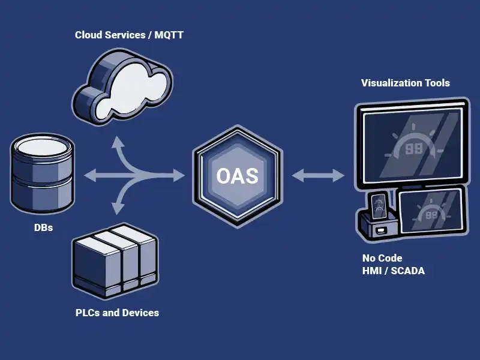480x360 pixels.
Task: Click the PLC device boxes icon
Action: (115, 261)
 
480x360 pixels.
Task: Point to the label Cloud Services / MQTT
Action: (129, 35)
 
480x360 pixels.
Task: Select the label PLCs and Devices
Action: (117, 313)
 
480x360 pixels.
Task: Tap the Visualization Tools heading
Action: (405, 83)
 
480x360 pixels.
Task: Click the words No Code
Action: (382, 259)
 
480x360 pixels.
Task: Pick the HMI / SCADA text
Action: (393, 271)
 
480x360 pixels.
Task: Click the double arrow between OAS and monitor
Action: (318, 176)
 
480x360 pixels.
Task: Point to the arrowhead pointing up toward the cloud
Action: (118, 142)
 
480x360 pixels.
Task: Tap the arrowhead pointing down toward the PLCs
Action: (118, 209)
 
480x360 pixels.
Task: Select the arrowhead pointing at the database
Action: (89, 176)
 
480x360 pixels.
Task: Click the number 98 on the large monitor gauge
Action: (413, 148)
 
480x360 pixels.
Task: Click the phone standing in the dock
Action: (378, 207)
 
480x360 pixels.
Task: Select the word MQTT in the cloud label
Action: (169, 35)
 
